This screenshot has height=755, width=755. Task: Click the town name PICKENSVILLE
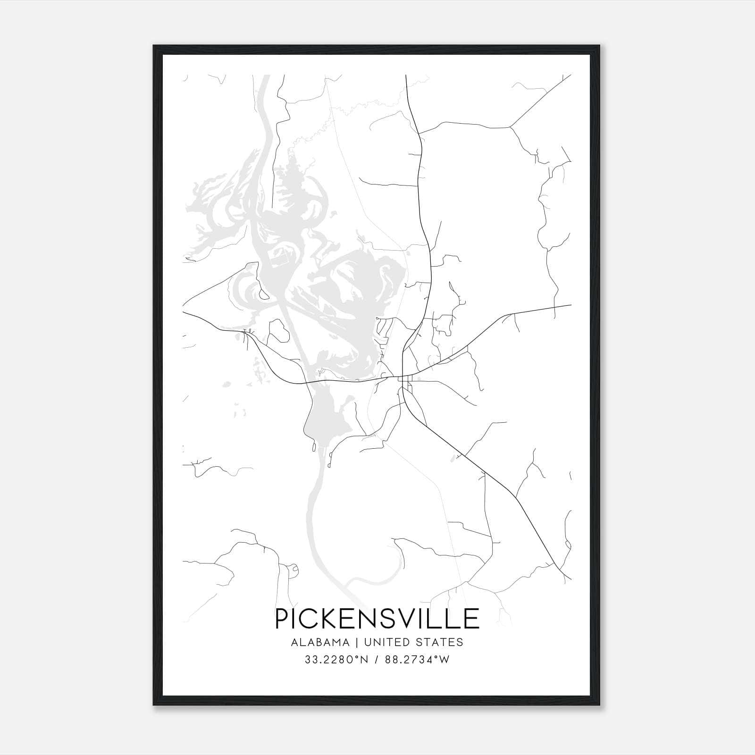pos(377,619)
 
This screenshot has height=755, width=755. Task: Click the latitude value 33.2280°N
pos(336,660)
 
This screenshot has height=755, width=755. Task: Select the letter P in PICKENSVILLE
pos(282,619)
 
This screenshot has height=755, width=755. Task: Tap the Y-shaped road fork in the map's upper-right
pos(510,126)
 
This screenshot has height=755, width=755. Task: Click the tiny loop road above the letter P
pos(294,570)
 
